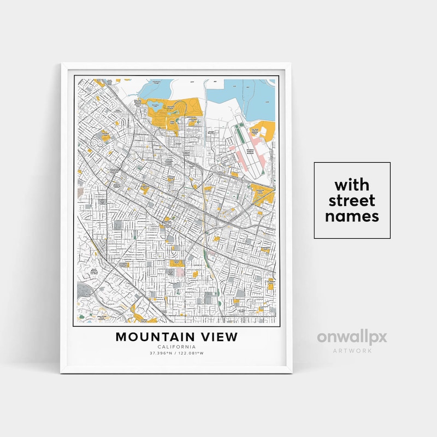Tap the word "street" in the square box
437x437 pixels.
coord(352,199)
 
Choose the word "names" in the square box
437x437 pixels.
coord(352,216)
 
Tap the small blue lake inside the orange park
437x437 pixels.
coord(157,105)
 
